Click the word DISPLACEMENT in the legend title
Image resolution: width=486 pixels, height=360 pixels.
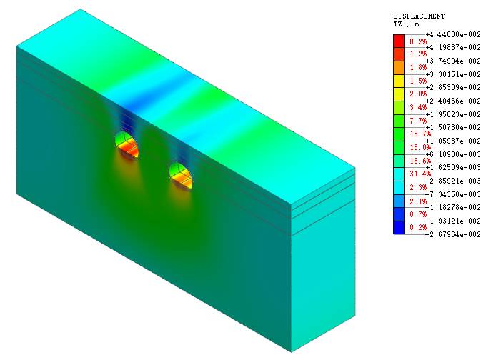(x=419, y=16)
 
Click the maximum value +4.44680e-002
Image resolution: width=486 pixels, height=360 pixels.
(x=453, y=34)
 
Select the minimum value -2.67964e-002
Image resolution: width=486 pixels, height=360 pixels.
(x=453, y=234)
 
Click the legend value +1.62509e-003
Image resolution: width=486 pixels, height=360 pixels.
(x=453, y=168)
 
